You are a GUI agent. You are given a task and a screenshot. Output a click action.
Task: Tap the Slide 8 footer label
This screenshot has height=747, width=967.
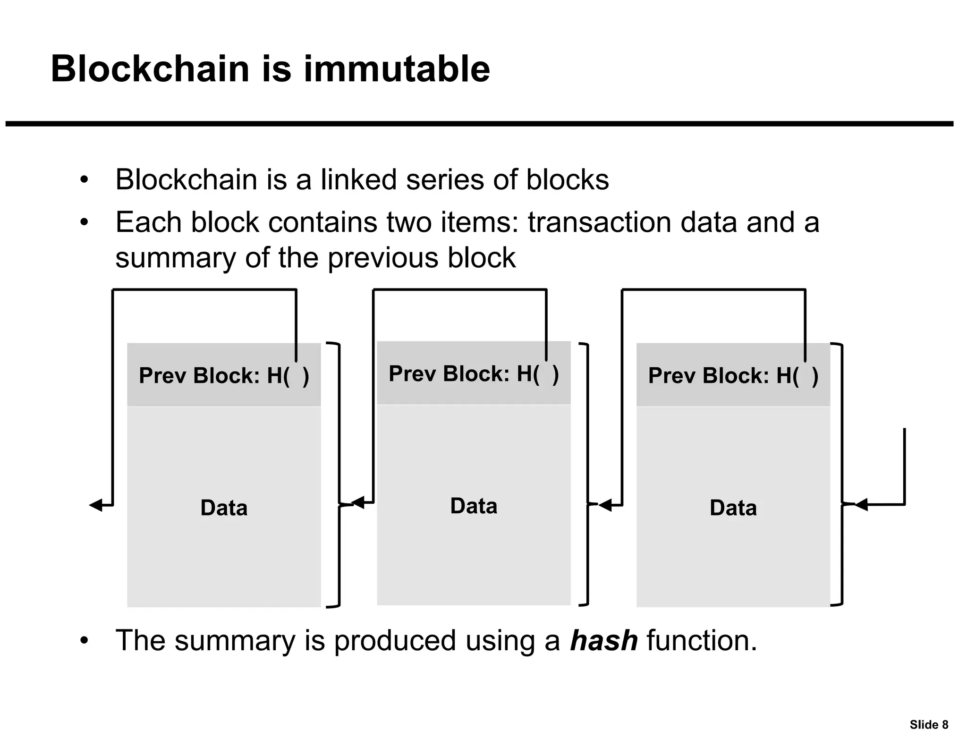coord(928,725)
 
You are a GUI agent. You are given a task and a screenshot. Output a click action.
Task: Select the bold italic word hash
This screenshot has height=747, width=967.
coord(603,641)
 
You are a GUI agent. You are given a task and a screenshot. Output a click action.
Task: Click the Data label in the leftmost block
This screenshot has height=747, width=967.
coord(224,508)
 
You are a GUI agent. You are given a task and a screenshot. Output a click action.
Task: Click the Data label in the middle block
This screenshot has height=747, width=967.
coord(474,506)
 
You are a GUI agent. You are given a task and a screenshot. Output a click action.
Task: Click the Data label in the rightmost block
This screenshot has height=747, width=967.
coord(733,508)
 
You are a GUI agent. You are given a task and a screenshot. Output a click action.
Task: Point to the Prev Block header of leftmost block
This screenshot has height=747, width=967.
coord(224,376)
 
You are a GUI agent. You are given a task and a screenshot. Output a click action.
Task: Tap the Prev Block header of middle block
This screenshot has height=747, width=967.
coord(474,374)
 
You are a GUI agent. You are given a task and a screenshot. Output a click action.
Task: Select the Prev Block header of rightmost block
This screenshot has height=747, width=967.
coord(733,376)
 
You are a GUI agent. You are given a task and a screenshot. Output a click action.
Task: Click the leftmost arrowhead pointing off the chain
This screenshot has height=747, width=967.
coord(96,505)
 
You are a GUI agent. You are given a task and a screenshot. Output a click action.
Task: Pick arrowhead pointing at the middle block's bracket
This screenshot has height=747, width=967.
coord(605,505)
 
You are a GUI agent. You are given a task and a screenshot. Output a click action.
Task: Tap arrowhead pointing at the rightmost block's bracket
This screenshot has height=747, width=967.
coord(861,505)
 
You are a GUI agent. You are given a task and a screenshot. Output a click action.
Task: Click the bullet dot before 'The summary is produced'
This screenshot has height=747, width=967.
coord(84,641)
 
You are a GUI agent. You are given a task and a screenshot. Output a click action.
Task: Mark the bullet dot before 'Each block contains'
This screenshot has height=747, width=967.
coord(84,222)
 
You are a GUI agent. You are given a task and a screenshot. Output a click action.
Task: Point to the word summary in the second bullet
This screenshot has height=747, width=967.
coord(176,258)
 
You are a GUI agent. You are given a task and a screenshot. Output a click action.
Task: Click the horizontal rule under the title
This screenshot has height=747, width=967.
coord(479,124)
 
